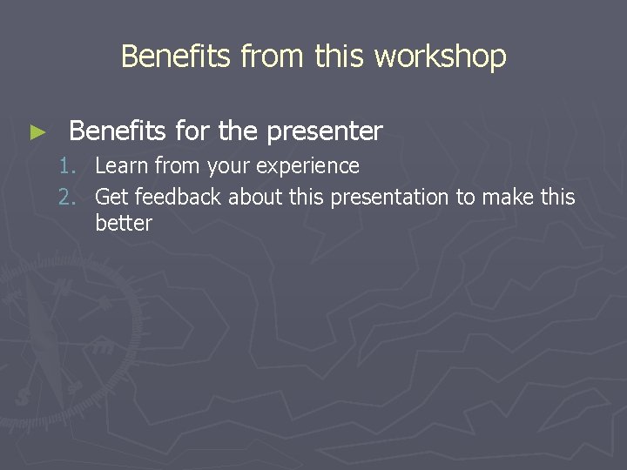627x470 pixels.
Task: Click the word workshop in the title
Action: coord(440,57)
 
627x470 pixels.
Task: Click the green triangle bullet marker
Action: coord(36,132)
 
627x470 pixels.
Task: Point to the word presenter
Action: coord(325,131)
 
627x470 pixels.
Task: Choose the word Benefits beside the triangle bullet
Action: coord(118,131)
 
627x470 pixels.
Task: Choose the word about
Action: coord(254,198)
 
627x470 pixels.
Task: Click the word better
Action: coord(123,223)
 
